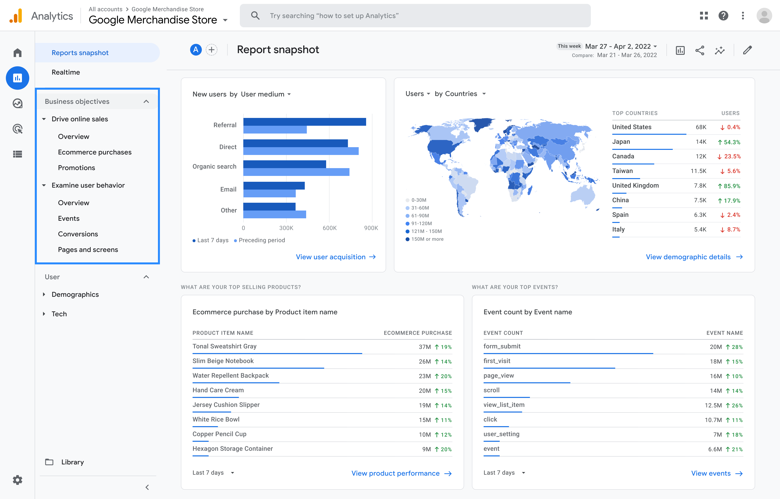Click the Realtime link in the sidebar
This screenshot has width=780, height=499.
coord(66,72)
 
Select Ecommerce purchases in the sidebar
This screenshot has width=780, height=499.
coord(95,152)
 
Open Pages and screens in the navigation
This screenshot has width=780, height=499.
coord(88,250)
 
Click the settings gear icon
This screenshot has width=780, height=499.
coord(18,480)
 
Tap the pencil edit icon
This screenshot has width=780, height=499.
coord(747,50)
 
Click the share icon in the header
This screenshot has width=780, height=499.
coord(700,50)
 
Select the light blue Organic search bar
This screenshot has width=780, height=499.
coord(296,172)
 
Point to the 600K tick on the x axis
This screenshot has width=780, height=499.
coord(329,228)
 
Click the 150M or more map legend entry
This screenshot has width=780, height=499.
coord(427,239)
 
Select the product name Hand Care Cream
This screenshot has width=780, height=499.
coord(218,390)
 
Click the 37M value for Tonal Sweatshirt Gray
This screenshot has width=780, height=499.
coord(425,347)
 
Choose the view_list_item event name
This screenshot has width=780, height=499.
coord(504,405)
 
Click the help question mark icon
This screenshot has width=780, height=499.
coord(723,16)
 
